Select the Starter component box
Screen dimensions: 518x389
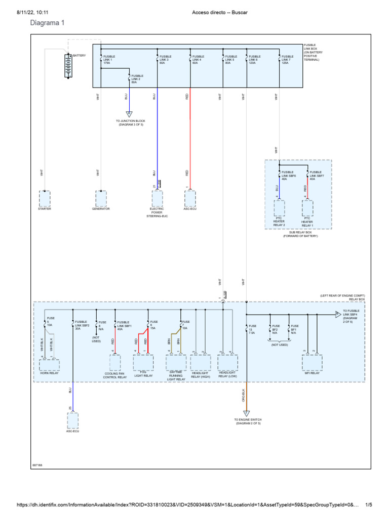[x=45, y=198]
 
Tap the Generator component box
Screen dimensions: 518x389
[x=101, y=198]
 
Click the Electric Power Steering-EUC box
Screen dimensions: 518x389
[x=157, y=198]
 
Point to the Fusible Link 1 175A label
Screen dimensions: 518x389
[x=109, y=59]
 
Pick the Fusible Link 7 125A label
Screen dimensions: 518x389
[x=287, y=59]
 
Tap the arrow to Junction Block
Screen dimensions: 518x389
[x=129, y=114]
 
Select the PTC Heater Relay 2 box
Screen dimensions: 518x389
[x=280, y=208]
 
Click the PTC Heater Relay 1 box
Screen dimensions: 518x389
[x=307, y=208]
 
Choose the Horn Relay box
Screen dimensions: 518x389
[x=50, y=365]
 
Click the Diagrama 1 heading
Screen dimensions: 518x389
[x=48, y=23]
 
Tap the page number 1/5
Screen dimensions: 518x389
[x=369, y=505]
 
